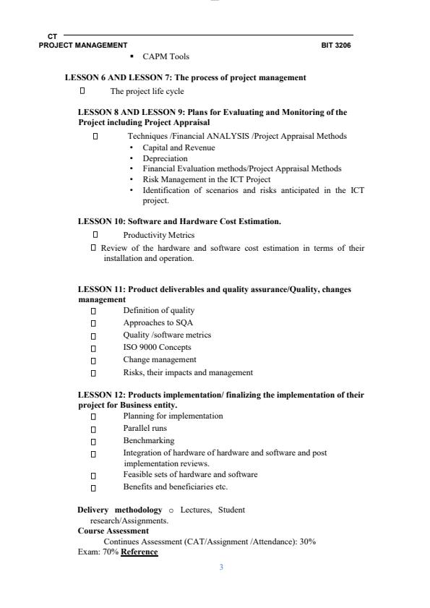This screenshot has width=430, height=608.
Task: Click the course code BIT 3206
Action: coord(337,45)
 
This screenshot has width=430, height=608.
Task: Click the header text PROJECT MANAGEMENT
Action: coord(83,45)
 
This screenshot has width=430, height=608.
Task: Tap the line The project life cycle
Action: coord(147,91)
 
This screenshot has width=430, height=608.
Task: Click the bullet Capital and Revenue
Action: coord(179,147)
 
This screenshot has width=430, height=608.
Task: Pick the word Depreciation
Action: coord(165,158)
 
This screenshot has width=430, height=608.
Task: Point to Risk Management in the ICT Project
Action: coord(206,179)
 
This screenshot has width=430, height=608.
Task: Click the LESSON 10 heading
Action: coord(179,221)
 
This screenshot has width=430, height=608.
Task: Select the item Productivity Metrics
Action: coord(158,235)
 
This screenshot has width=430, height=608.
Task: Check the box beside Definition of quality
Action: coord(93,311)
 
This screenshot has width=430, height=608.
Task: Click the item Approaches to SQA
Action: coord(158,322)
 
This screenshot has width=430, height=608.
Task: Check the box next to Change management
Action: coord(93,360)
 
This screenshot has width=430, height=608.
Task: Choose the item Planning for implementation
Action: coord(173,416)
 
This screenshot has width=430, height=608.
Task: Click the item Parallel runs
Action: coord(145,428)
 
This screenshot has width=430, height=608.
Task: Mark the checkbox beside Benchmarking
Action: coord(93,441)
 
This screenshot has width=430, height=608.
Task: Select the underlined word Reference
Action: coord(139,552)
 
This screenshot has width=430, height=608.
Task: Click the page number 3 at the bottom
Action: coord(221,568)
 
